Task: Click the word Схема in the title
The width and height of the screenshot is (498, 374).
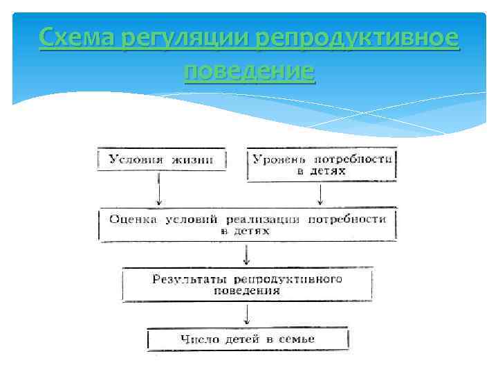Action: click(76, 37)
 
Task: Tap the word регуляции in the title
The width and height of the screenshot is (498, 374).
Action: click(185, 37)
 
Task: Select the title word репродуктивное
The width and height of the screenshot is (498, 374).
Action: click(357, 37)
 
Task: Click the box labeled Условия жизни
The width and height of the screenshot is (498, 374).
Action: click(161, 160)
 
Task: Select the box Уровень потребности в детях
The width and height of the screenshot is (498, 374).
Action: click(322, 165)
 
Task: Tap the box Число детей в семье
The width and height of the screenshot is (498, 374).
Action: click(248, 339)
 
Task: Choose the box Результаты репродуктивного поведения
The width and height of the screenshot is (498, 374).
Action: click(247, 285)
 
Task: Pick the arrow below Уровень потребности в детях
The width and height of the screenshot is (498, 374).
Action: click(320, 194)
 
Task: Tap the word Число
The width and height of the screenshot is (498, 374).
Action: click(201, 339)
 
